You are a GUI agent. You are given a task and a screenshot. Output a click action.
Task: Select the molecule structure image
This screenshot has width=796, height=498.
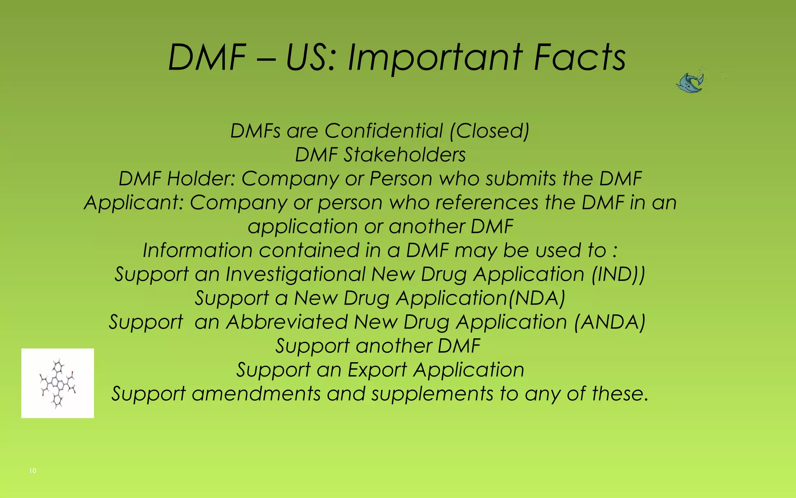pos(58,383)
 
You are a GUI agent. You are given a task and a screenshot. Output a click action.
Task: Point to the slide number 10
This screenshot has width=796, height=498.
pos(33,471)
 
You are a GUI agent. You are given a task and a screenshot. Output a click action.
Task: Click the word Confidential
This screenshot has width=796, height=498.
pos(383,131)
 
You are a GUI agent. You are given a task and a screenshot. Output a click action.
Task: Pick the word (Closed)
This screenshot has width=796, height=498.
pos(489,131)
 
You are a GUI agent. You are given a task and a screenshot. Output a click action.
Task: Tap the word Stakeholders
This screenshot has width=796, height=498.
pos(405,155)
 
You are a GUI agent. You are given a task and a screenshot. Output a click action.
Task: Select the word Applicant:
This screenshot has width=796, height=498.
pos(134,203)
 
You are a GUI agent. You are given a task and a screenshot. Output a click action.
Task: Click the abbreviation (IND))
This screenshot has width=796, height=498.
pos(618,274)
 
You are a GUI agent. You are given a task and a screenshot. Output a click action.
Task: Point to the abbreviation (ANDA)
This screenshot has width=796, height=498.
pos(609,322)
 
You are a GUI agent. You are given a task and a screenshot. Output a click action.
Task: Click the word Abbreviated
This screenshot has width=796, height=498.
pos(287,322)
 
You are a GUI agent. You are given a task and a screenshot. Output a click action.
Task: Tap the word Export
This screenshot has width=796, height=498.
pos(377,370)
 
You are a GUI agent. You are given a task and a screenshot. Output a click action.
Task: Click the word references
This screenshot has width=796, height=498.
pos(487,203)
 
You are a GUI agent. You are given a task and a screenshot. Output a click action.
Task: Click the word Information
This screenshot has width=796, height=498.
pos(197,250)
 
